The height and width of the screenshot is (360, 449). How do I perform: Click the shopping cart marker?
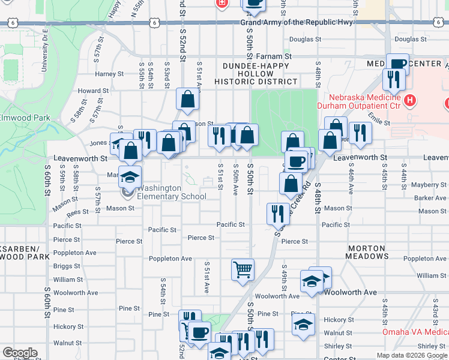point(243,270)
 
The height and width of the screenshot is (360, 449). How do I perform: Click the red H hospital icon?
point(411,100)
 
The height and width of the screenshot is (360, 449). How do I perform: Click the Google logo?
point(20,353)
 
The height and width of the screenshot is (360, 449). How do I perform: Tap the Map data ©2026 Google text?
point(412,355)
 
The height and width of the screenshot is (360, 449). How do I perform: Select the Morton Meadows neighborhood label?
point(366,252)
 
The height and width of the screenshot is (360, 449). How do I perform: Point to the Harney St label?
point(109,74)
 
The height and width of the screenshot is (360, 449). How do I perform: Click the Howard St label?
point(93,91)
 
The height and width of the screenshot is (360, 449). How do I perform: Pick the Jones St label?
point(98,143)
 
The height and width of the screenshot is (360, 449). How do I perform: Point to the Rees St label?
point(77,212)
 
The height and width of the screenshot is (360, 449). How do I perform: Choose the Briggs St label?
point(63,266)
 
